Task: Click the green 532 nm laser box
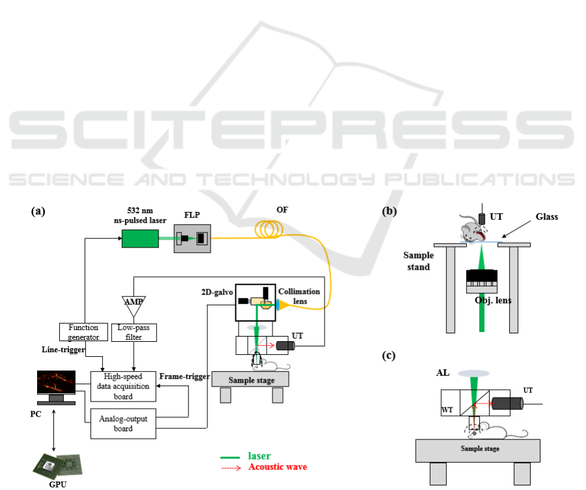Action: (140, 239)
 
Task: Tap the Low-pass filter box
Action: (135, 331)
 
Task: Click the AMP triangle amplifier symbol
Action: (134, 302)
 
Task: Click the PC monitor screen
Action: (56, 382)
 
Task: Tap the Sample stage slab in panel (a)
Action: (250, 379)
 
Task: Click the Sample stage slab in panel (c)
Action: (477, 448)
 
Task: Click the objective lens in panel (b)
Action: (481, 281)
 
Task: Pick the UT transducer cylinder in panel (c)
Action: (507, 404)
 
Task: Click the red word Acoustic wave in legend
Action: (277, 467)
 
